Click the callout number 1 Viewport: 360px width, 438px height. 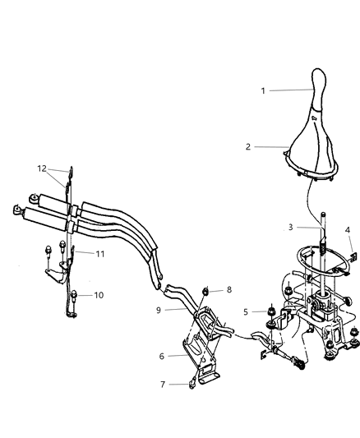point(262,90)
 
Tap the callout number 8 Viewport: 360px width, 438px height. point(229,289)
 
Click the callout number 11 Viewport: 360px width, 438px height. point(98,255)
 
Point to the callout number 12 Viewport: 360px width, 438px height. point(42,168)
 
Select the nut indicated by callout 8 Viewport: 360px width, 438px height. point(206,291)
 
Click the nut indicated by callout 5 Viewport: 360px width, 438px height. point(270,312)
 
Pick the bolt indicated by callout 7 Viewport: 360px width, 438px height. point(191,380)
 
